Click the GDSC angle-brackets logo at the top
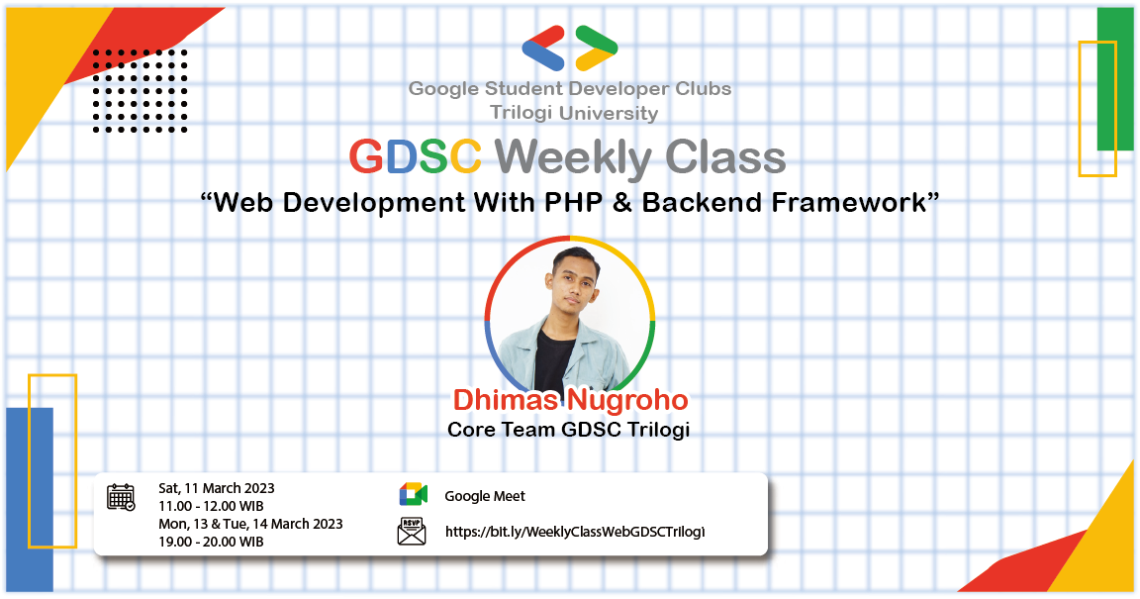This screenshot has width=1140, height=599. tap(570, 48)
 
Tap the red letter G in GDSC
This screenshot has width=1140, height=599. tap(366, 157)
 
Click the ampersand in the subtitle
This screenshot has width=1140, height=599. tap(625, 203)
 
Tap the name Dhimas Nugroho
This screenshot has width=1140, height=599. tap(569, 401)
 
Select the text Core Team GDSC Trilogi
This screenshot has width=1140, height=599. tap(569, 431)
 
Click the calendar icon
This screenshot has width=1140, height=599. tap(121, 497)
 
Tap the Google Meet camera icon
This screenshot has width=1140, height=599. tap(413, 495)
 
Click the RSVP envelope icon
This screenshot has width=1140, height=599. tap(412, 531)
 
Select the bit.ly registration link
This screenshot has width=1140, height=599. tap(575, 532)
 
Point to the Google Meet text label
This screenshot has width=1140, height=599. tap(485, 496)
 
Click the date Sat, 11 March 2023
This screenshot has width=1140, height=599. tap(217, 488)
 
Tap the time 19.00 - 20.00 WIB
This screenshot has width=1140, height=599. tap(211, 542)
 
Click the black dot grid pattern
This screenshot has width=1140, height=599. tap(140, 90)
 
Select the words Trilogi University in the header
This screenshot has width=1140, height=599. tap(573, 113)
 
